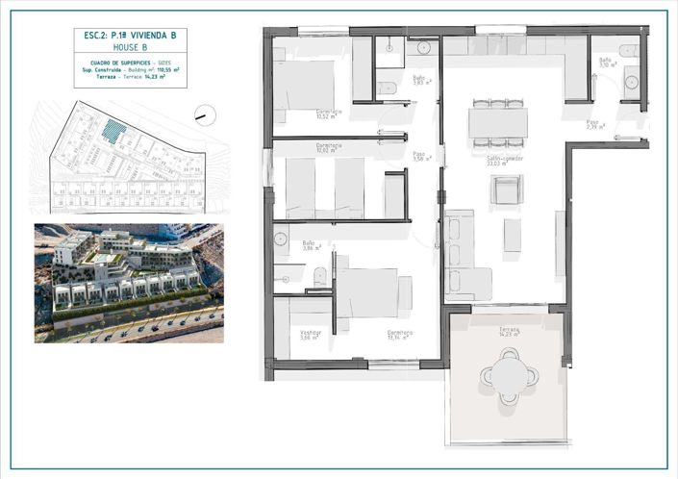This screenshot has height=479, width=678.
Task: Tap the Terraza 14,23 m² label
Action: pyautogui.click(x=509, y=332)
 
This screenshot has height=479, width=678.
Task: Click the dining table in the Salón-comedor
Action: pyautogui.click(x=497, y=122)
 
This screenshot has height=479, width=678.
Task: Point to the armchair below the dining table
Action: pyautogui.click(x=506, y=189)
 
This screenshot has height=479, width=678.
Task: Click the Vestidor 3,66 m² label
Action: pyautogui.click(x=309, y=335)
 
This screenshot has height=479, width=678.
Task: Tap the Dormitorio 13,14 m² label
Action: pyautogui.click(x=400, y=335)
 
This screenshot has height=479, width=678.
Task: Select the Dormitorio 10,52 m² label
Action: pyautogui.click(x=330, y=113)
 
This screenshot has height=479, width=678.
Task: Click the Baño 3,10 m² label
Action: pyautogui.click(x=606, y=63)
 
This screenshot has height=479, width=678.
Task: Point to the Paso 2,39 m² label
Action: pyautogui.click(x=594, y=124)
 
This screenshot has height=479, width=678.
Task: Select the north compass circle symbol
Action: pyautogui.click(x=206, y=114)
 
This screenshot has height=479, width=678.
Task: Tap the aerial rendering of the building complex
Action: pyautogui.click(x=129, y=283)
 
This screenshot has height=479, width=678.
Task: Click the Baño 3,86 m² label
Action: pyautogui.click(x=309, y=246)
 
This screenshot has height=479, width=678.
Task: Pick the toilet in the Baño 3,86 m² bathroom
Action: pyautogui.click(x=319, y=277)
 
